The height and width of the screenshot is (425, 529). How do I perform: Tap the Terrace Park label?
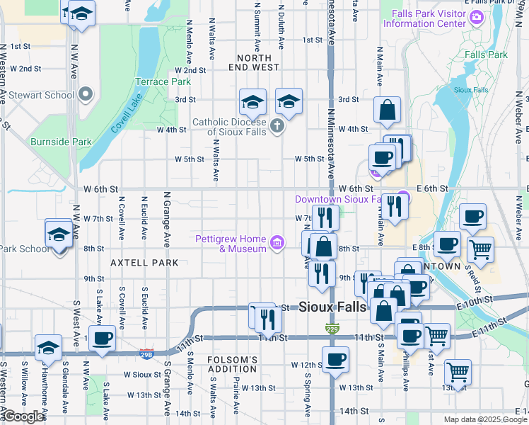pyautogui.click(x=163, y=82)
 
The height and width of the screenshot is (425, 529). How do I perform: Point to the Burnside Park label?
pyautogui.click(x=61, y=142)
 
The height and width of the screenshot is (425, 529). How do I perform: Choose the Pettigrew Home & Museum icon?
pyautogui.click(x=277, y=244)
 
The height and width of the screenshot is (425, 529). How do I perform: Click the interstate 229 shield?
pyautogui.click(x=332, y=328)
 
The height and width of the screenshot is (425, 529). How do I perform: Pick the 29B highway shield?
pyautogui.click(x=146, y=353)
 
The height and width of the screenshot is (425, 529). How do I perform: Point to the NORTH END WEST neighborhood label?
pyautogui.click(x=254, y=62)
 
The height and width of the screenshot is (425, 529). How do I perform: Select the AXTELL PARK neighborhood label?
pyautogui.click(x=139, y=262)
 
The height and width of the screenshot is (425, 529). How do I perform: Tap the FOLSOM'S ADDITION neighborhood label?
pyautogui.click(x=233, y=364)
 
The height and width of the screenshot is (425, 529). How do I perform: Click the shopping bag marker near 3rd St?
pyautogui.click(x=388, y=110)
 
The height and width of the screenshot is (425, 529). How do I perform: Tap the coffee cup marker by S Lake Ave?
pyautogui.click(x=103, y=339)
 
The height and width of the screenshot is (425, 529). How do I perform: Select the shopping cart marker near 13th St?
pyautogui.click(x=458, y=371)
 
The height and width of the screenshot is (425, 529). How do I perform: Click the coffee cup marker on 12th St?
pyautogui.click(x=336, y=358)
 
